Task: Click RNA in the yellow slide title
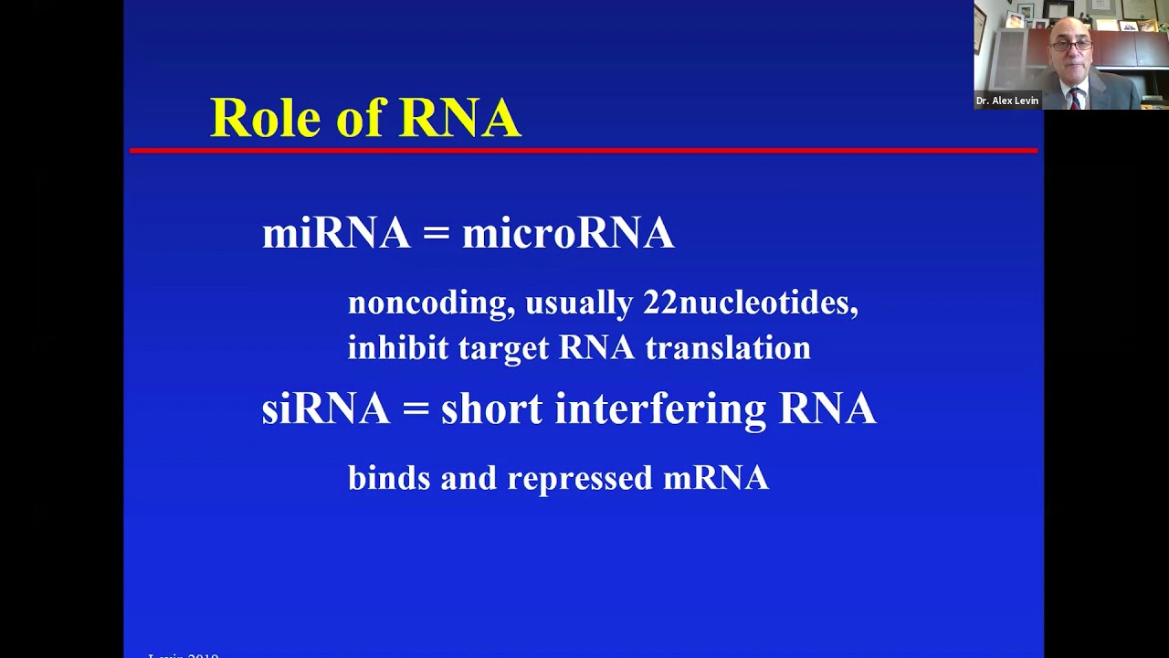pos(459,118)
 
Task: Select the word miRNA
pos(335,233)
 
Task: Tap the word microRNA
pos(568,233)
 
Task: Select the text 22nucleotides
pos(750,302)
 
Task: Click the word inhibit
pos(398,348)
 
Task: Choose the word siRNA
pos(325,409)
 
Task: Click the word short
pos(491,409)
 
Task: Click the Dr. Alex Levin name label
pos(1006,101)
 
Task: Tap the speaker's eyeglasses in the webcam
pos(1071,44)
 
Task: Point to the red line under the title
pos(584,150)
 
